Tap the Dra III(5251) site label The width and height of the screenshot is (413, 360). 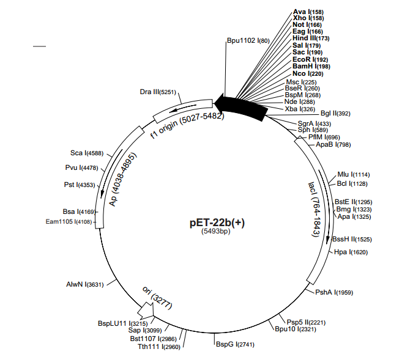pos(158,92)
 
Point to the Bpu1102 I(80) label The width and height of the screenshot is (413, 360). pos(248,41)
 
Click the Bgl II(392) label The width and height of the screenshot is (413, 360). pos(335,113)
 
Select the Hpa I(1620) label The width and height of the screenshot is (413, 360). pos(350,252)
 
